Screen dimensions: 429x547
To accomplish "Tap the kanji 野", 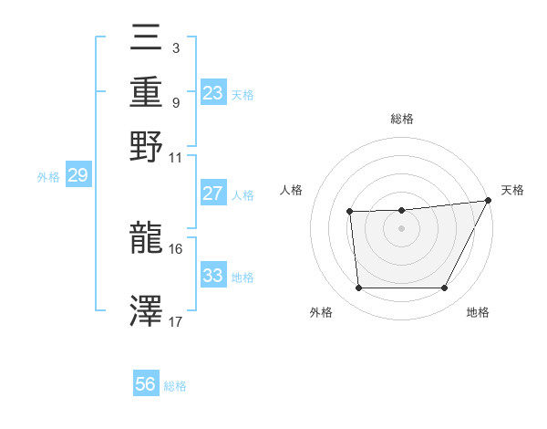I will (x=147, y=145).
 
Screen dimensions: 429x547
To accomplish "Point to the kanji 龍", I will (x=147, y=239).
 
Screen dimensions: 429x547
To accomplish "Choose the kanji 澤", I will (x=147, y=311).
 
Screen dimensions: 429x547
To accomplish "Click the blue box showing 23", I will (x=213, y=92).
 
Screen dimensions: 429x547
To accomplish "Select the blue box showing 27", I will (x=212, y=194).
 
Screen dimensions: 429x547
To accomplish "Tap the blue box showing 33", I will (x=212, y=275).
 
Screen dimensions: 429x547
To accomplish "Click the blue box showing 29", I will (x=77, y=175).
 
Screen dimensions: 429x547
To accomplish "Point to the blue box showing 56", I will (x=145, y=384).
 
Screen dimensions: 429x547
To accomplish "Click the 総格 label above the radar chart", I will (x=402, y=120).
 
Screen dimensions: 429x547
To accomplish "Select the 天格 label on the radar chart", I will (x=512, y=189).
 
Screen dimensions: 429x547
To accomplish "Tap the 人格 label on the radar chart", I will (x=292, y=189).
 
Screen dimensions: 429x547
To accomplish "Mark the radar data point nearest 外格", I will (x=359, y=288).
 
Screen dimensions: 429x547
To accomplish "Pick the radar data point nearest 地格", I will (x=444, y=288).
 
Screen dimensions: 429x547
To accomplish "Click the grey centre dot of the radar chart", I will (x=402, y=228).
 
